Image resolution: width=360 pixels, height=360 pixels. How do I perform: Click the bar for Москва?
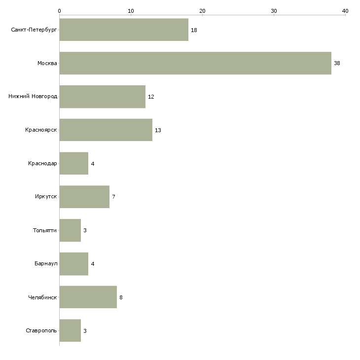tap(195, 63)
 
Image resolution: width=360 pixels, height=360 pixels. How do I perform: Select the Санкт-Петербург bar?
tap(124, 30)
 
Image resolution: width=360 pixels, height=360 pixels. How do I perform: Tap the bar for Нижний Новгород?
tap(103, 97)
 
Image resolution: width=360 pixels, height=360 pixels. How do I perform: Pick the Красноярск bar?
tap(106, 130)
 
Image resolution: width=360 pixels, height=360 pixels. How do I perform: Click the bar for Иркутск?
tap(84, 197)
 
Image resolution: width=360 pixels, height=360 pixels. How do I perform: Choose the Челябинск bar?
tap(88, 297)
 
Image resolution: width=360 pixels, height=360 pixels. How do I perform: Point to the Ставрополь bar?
tap(70, 330)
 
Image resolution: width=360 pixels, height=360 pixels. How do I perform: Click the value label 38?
tap(337, 63)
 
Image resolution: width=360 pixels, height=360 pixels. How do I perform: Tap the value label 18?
tap(194, 30)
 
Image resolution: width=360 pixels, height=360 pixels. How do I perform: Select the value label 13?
tap(158, 130)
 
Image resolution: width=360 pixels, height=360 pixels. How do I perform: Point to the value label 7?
tap(113, 197)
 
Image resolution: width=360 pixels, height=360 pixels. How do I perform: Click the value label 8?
tap(121, 297)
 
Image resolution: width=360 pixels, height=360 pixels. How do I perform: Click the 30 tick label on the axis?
tap(274, 11)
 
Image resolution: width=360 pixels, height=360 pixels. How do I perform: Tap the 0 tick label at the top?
tap(60, 11)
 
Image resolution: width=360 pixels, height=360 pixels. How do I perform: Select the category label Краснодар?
tap(42, 163)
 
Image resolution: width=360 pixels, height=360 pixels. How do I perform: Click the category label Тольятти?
tap(45, 230)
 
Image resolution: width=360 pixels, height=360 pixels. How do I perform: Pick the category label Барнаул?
tap(46, 263)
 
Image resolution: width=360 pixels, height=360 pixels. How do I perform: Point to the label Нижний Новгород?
tap(33, 96)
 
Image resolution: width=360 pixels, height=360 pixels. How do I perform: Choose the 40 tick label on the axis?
tap(345, 11)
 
